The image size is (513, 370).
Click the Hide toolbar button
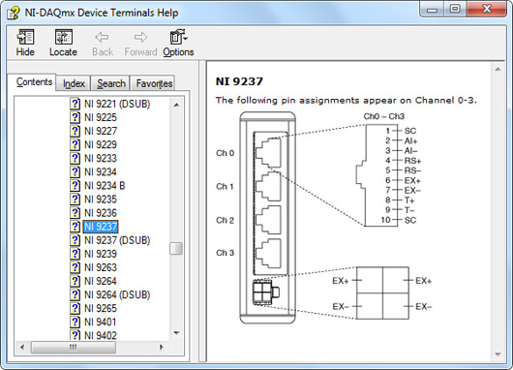pos(25,43)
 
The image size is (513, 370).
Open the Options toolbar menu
pos(178,43)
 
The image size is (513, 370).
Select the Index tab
pos(74,83)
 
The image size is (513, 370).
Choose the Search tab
pos(111,83)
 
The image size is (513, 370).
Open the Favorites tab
pos(154,83)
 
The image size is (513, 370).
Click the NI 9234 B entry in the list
pos(105,186)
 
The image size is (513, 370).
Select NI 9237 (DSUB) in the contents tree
pos(117,240)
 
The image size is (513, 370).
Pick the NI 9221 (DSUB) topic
pos(117,104)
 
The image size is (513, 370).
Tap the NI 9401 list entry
pos(100,322)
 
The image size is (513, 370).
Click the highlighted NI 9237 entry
pos(101,227)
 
